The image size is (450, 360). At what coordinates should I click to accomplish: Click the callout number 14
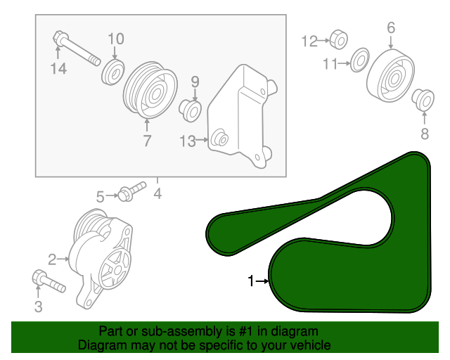[x=58, y=69]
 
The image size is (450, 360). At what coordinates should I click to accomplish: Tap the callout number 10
[x=116, y=39]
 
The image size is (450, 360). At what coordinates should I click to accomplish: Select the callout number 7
[x=147, y=141]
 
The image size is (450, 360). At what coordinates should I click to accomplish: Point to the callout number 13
[x=188, y=141]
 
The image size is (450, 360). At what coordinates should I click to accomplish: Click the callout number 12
[x=309, y=41]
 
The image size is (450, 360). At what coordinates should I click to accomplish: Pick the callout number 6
[x=391, y=28]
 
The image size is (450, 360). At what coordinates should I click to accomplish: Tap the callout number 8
[x=425, y=134]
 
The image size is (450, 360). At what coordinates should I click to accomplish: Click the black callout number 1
[x=251, y=281]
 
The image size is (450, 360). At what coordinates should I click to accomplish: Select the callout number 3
[x=39, y=307]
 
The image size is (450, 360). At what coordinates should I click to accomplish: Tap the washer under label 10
[x=112, y=72]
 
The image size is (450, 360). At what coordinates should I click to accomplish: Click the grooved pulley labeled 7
[x=150, y=90]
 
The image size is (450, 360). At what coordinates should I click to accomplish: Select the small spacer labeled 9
[x=190, y=111]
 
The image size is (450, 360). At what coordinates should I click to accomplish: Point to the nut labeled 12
[x=339, y=39]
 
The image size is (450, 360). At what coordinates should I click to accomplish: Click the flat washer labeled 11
[x=360, y=60]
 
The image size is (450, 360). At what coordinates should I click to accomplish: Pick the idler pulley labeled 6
[x=391, y=76]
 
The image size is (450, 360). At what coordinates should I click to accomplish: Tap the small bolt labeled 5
[x=132, y=191]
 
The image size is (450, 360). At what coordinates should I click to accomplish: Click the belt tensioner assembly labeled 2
[x=101, y=258]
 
